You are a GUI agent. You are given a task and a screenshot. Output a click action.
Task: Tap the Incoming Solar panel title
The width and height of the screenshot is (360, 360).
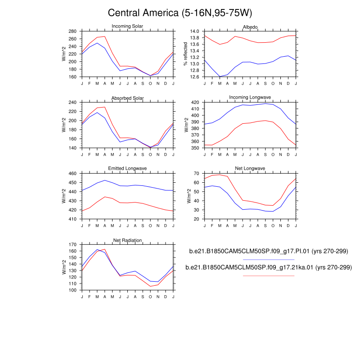(127, 26)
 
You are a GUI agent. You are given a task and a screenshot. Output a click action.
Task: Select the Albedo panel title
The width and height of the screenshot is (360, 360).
(250, 27)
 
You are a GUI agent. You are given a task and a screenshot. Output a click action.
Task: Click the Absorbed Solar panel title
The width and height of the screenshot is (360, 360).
(127, 98)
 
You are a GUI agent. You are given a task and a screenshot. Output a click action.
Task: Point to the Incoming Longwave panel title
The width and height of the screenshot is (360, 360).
(250, 97)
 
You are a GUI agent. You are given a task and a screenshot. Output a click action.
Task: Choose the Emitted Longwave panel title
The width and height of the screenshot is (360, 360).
(127, 169)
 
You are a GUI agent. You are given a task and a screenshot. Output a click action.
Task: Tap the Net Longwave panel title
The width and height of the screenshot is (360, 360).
(250, 169)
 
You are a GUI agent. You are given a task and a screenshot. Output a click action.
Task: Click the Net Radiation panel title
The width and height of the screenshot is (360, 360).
(127, 240)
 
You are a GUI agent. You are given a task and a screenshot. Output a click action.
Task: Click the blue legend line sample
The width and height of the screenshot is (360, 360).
(269, 259)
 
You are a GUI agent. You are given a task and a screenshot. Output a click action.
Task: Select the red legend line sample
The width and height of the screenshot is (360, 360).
(269, 275)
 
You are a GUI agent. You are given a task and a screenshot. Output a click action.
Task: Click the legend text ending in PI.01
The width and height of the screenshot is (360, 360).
(269, 251)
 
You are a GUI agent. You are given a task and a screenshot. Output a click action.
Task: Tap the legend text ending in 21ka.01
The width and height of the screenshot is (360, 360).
(269, 267)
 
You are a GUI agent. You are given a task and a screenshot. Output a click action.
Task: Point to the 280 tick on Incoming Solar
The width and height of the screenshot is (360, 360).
(73, 31)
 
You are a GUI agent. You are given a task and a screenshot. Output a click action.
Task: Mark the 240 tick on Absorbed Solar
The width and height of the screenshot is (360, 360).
(73, 103)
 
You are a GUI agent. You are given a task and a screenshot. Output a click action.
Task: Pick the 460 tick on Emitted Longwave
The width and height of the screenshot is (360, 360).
(73, 173)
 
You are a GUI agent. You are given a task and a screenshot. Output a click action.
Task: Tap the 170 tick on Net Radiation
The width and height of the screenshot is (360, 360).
(73, 245)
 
